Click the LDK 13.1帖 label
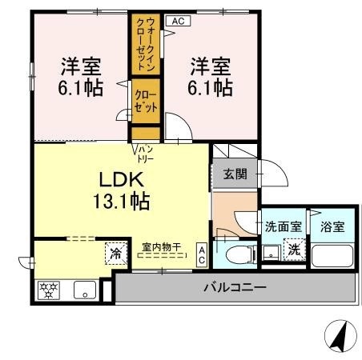(121, 190)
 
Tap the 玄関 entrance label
(235, 174)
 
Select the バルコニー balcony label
(235, 287)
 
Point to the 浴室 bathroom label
(332, 226)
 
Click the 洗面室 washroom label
(283, 226)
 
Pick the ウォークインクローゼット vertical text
(146, 44)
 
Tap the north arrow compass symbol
(340, 336)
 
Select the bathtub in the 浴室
(332, 256)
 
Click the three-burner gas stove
(49, 290)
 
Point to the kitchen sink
(85, 290)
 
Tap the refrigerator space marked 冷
(116, 254)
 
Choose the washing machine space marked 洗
(295, 250)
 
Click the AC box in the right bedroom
(179, 21)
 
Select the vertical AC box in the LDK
(202, 255)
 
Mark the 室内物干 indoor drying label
(162, 247)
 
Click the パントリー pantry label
(146, 154)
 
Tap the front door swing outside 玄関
(274, 173)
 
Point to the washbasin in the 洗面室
(271, 253)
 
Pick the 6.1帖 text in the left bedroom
(81, 87)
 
